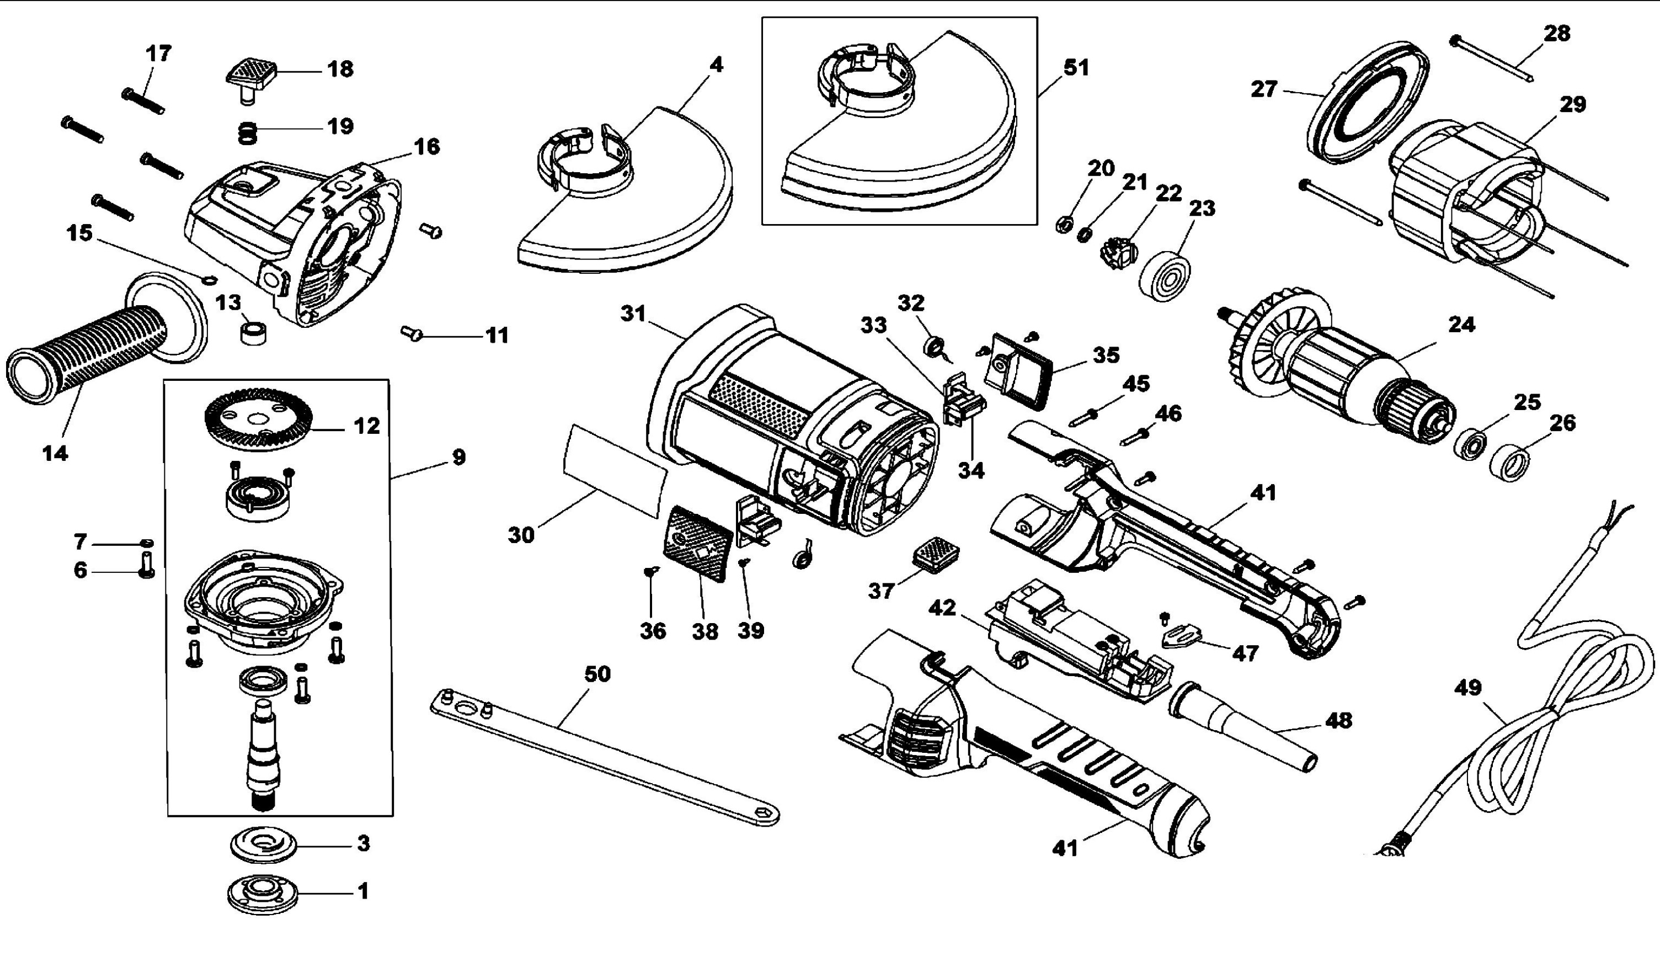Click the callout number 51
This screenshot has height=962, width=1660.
(x=1076, y=67)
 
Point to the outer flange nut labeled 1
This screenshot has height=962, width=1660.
(x=262, y=894)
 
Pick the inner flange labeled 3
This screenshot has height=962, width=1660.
(x=264, y=844)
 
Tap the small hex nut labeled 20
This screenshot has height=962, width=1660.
(x=1063, y=225)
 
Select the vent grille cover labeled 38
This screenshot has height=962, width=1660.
(x=697, y=544)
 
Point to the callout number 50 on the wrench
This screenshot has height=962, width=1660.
(x=597, y=674)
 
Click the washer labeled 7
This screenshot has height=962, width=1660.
(x=147, y=543)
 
